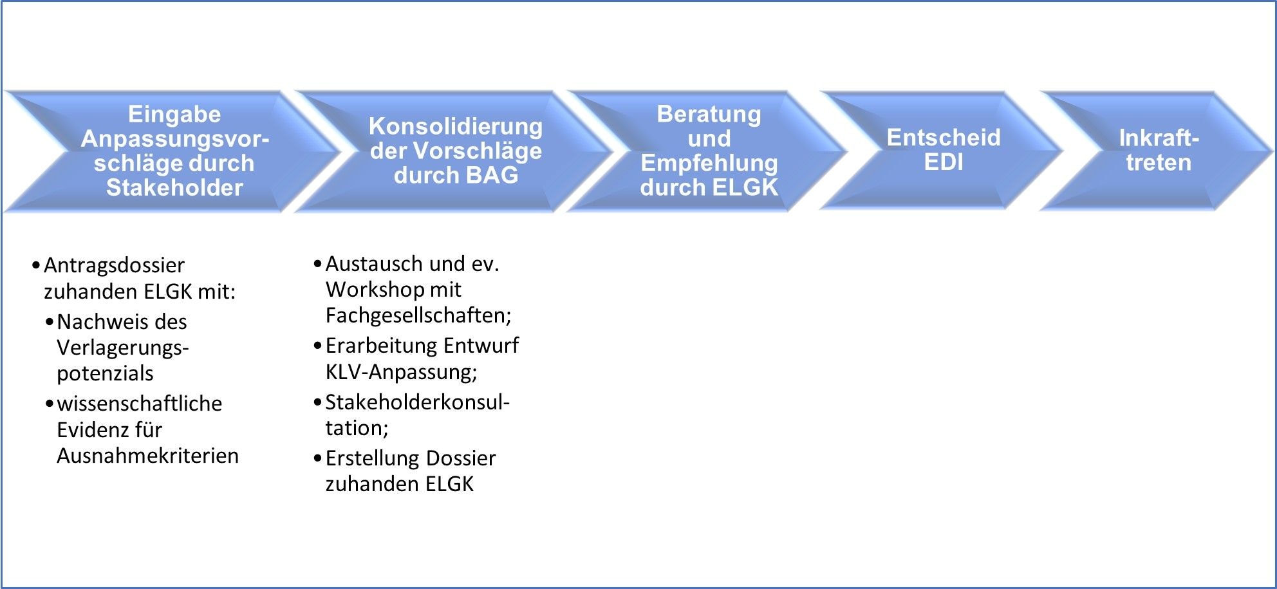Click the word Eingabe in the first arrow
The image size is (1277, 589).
pyautogui.click(x=174, y=114)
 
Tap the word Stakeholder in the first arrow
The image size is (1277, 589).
pyautogui.click(x=174, y=187)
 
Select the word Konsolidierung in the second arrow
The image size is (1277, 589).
pyautogui.click(x=455, y=126)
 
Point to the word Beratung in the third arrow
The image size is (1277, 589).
pyautogui.click(x=709, y=114)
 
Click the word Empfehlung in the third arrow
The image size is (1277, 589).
pyautogui.click(x=709, y=163)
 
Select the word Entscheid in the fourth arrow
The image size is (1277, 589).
pyautogui.click(x=943, y=138)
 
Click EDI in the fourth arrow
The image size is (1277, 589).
pyautogui.click(x=943, y=162)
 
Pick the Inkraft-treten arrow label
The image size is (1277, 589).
pyautogui.click(x=1158, y=150)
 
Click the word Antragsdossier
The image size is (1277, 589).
pyautogui.click(x=114, y=265)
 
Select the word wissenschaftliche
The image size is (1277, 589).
pyautogui.click(x=139, y=404)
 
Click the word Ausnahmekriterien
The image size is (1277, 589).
pyautogui.click(x=147, y=456)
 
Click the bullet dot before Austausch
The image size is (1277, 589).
pyautogui.click(x=317, y=264)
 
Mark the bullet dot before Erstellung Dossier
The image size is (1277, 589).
pyautogui.click(x=317, y=458)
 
